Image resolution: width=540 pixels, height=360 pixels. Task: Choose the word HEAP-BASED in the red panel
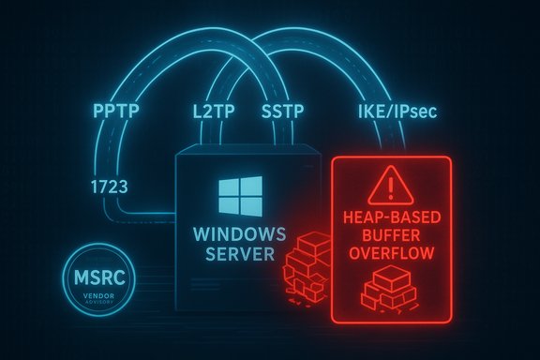(x=392, y=217)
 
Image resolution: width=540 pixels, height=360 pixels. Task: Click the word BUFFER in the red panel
(x=392, y=235)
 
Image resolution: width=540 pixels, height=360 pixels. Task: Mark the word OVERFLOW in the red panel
(x=392, y=253)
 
